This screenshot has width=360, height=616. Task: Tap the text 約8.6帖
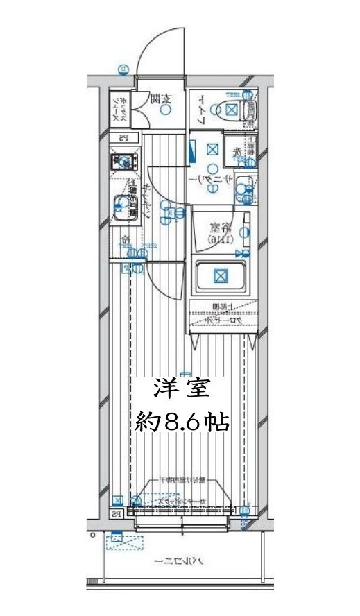point(181,421)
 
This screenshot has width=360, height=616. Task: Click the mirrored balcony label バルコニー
point(172,561)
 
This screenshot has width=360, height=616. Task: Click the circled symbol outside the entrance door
point(123,69)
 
